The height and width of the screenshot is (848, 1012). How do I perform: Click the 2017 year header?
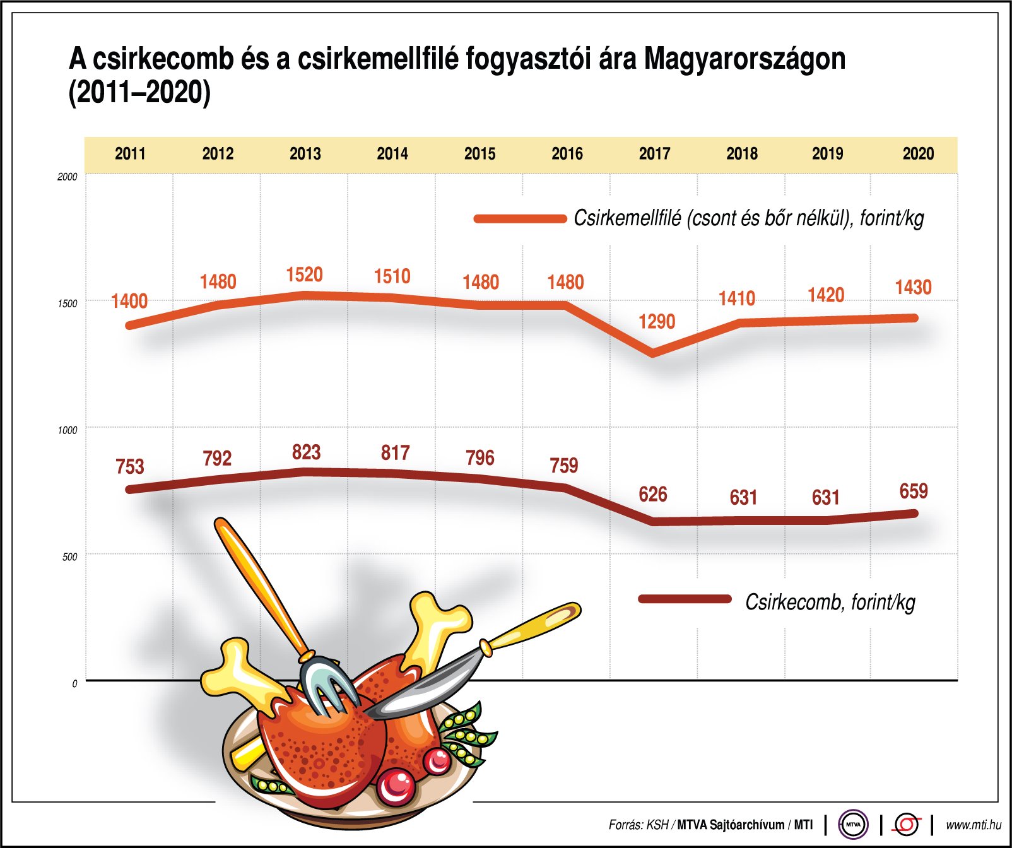tap(654, 154)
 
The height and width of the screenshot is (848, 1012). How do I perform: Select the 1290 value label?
tap(657, 322)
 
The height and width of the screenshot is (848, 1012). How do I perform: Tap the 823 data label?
tap(306, 452)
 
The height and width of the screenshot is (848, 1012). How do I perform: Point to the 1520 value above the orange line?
tap(304, 275)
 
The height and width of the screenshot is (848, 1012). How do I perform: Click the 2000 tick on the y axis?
tap(67, 177)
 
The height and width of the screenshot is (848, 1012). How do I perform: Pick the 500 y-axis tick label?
tap(69, 557)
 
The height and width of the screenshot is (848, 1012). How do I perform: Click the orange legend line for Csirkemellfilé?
tap(520, 219)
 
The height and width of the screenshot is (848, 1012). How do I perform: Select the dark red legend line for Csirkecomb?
tap(685, 599)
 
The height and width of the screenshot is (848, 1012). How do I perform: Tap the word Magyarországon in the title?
tap(744, 59)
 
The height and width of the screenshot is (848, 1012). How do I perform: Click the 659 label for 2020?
tap(913, 492)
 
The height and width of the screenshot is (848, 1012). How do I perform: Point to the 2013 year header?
tap(305, 154)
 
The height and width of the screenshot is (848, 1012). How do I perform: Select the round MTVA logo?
tap(853, 824)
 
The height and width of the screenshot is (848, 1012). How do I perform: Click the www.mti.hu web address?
tap(973, 825)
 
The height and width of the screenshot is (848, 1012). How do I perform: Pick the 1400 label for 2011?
tap(129, 302)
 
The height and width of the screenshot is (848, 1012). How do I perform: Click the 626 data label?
tap(652, 495)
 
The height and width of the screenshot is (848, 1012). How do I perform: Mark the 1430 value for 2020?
tap(913, 288)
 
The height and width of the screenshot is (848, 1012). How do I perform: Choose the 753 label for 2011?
tap(130, 467)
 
